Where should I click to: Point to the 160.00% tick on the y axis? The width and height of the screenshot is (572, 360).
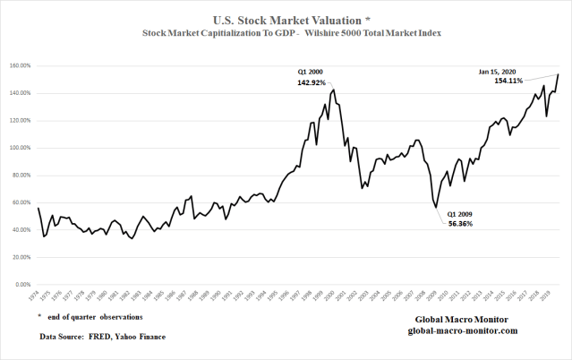click(x=20, y=66)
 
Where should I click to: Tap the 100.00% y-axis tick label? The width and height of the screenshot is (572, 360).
click(x=20, y=148)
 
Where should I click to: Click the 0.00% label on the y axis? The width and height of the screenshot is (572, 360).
click(x=22, y=285)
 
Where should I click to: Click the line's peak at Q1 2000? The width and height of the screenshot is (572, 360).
click(x=334, y=90)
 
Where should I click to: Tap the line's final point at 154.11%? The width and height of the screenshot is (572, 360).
click(x=559, y=74)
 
